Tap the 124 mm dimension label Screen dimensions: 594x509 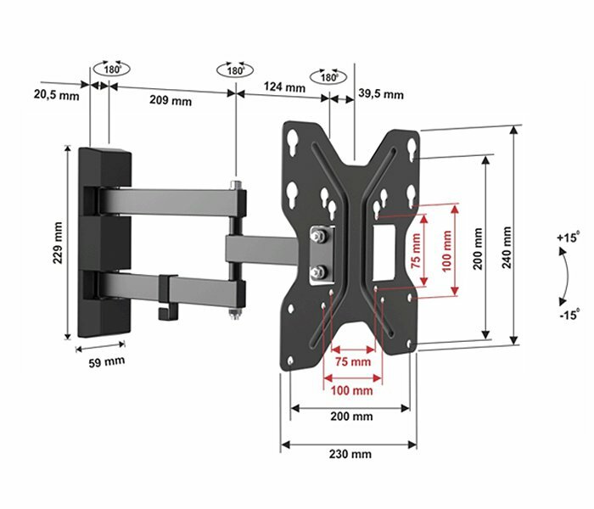coord(284,87)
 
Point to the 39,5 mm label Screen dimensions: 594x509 coord(381,93)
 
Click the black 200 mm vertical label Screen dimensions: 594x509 coord(477,248)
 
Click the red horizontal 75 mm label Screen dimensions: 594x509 coord(354,362)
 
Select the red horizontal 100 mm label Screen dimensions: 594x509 coord(352,390)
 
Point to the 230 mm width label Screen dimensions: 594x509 coord(350,455)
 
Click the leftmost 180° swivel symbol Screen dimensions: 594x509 coord(111,70)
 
